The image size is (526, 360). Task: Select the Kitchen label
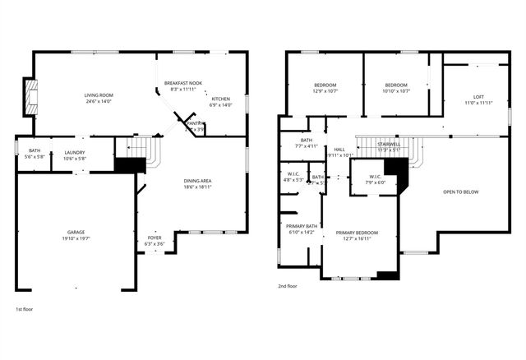coord(221,99)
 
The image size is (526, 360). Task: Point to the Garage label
coord(76,233)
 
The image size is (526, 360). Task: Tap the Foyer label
coord(155,238)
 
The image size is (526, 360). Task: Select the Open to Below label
coord(460,192)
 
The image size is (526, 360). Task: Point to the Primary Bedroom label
coord(358,233)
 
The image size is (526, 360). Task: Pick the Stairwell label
coord(389,145)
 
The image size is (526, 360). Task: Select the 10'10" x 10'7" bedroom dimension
coord(397,91)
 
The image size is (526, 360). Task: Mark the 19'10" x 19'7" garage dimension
coord(76,238)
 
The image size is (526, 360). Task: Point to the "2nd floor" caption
coord(288,286)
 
